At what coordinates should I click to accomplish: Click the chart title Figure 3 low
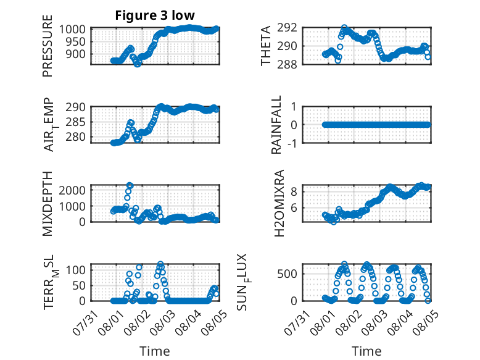coord(155,15)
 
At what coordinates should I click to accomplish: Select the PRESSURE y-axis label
coord(48,46)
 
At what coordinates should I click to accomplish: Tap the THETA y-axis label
coord(266,46)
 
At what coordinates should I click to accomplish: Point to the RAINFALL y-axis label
coord(276,125)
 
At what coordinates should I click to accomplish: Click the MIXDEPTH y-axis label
coord(48,204)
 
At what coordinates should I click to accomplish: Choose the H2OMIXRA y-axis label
coord(279,203)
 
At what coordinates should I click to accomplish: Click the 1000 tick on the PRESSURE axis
coord(72,30)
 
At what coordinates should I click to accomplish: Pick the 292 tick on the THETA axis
coord(287,28)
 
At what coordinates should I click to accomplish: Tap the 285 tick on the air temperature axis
coord(75,122)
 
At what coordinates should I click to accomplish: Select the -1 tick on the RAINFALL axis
coord(292,143)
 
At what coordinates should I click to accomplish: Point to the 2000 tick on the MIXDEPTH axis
coord(72,190)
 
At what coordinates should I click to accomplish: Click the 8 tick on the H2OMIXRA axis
coord(294,192)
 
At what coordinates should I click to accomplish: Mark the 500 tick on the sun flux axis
coord(287,274)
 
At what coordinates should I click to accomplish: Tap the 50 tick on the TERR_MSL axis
coord(79,285)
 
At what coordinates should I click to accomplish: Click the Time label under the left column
coord(155,351)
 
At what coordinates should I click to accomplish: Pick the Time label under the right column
coord(366,351)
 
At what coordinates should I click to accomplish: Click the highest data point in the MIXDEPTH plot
coord(130,185)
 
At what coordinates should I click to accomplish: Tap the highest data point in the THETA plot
coord(345,28)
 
